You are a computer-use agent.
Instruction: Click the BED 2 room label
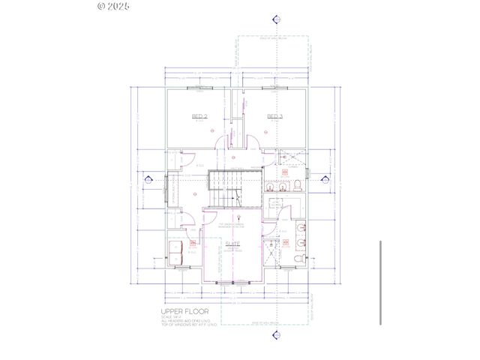(x=199, y=116)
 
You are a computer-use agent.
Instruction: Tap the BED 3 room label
(x=275, y=116)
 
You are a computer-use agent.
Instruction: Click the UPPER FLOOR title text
(x=184, y=310)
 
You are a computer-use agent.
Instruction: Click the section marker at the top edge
(x=277, y=19)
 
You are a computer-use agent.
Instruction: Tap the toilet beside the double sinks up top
(x=298, y=185)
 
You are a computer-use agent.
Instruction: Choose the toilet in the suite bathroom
(x=298, y=257)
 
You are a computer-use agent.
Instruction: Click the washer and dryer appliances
(x=176, y=253)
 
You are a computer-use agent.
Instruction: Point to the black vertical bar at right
(x=382, y=283)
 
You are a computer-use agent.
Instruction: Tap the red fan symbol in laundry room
(x=193, y=244)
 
